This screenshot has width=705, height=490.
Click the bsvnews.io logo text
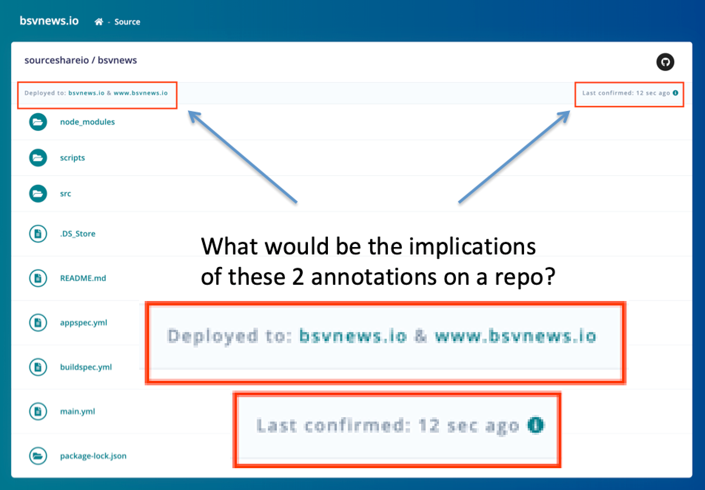(x=49, y=21)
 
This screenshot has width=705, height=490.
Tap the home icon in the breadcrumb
(x=98, y=22)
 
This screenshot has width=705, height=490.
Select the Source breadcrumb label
(x=127, y=22)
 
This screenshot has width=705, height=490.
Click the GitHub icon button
(x=665, y=62)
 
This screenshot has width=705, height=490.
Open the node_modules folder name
(x=87, y=122)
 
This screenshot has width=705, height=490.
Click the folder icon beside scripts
(x=38, y=158)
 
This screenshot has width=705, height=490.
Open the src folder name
(x=66, y=194)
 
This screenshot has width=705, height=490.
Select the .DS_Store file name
(x=78, y=234)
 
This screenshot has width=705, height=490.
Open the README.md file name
(x=83, y=278)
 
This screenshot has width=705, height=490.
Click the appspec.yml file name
(x=84, y=323)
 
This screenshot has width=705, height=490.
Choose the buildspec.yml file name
(x=86, y=367)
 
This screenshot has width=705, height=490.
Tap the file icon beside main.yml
(x=38, y=411)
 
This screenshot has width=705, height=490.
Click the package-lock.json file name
(x=93, y=456)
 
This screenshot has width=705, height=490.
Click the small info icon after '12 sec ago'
(x=675, y=93)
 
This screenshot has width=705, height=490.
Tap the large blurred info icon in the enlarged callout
(x=536, y=425)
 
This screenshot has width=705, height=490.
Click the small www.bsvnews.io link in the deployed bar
(x=141, y=93)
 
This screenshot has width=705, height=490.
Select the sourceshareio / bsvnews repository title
(x=81, y=60)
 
